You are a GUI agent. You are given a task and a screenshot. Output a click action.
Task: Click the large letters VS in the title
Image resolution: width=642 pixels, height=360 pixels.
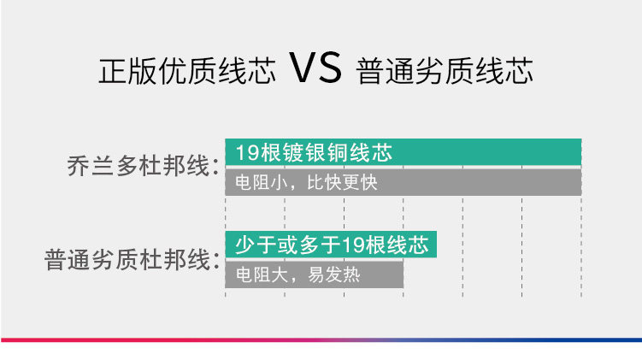click(x=315, y=68)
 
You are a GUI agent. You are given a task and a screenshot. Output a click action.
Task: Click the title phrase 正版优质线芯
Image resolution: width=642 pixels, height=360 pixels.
click(x=186, y=71)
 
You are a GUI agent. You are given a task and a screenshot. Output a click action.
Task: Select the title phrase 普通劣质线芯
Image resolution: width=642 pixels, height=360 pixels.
click(x=445, y=71)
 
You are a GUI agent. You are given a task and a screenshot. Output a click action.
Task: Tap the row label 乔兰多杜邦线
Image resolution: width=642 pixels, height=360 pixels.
click(x=138, y=166)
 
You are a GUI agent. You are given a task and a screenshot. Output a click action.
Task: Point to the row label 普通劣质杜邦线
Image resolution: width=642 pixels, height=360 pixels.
click(x=127, y=259)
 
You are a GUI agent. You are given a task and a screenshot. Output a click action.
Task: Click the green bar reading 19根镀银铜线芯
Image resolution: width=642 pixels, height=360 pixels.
click(x=403, y=152)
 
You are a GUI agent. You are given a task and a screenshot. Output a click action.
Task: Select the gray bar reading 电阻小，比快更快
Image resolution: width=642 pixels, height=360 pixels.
click(x=403, y=182)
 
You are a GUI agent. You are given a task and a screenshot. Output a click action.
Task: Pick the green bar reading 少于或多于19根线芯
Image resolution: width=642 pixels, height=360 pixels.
click(x=331, y=245)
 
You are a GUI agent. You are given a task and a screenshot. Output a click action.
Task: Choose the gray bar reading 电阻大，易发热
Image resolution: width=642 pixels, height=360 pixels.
click(x=315, y=274)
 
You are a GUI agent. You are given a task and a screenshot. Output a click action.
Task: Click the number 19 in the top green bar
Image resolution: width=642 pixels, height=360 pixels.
click(x=247, y=152)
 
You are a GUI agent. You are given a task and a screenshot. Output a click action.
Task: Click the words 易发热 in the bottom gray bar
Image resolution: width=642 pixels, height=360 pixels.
click(x=333, y=274)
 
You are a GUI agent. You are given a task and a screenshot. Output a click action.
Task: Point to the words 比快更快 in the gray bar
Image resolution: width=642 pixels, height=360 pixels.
click(x=342, y=183)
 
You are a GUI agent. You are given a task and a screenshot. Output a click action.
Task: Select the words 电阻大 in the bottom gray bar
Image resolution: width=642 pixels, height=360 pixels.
click(x=262, y=274)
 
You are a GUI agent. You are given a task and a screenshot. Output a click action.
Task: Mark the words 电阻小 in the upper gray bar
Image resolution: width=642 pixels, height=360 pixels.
click(x=262, y=183)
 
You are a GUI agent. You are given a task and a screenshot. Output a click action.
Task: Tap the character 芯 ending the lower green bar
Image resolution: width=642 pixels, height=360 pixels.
click(x=418, y=245)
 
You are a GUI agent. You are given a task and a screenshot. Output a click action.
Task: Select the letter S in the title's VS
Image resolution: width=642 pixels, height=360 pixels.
click(x=329, y=68)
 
